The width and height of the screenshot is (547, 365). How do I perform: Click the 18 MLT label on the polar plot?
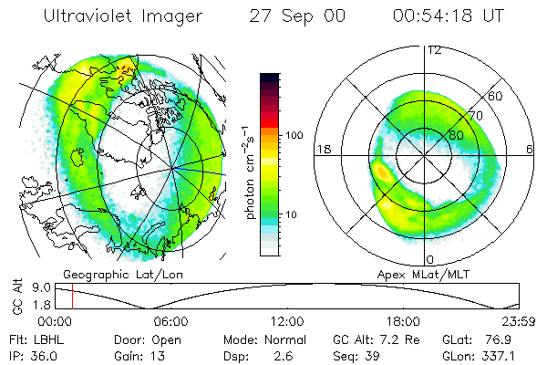click(x=323, y=148)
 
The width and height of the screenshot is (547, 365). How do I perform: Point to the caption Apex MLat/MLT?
click(x=428, y=273)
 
